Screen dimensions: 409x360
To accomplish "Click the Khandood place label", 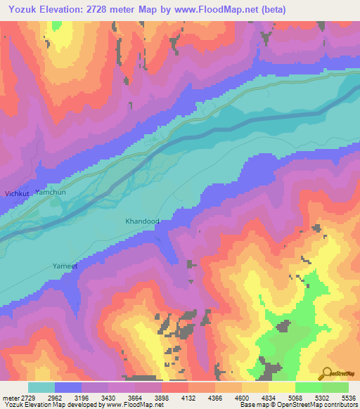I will click(142, 221).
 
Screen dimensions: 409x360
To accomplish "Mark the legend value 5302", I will click(322, 397).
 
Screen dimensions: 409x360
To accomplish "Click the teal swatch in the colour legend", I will click(41, 387).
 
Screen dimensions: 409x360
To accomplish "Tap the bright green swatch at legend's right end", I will click(335, 387).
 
